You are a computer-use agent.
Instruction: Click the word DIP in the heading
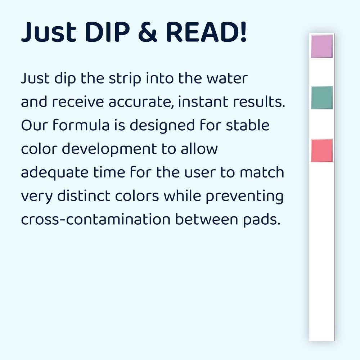108,32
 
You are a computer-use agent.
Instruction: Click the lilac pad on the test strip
321,46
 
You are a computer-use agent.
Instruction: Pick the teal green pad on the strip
321,98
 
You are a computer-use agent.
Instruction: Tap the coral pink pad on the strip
321,150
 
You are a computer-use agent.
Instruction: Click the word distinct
84,196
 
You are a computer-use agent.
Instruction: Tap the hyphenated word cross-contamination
95,220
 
